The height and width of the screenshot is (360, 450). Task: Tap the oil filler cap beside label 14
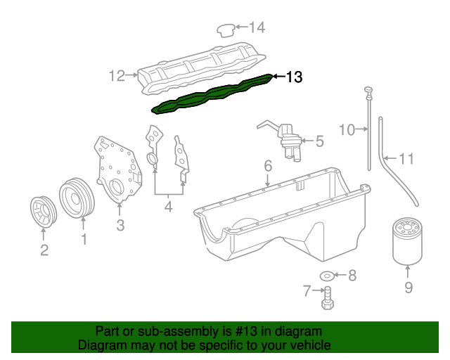tap(225, 30)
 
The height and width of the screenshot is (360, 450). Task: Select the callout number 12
tap(116, 75)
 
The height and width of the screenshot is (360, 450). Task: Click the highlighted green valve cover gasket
tap(211, 94)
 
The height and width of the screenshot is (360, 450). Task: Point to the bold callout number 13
tap(295, 77)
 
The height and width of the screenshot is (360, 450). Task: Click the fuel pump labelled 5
tap(289, 139)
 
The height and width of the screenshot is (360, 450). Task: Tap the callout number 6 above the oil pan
tap(267, 167)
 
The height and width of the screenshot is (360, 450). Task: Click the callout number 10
tap(347, 129)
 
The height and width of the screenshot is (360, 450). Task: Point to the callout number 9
tap(408, 287)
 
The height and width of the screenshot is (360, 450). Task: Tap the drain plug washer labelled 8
tap(328, 275)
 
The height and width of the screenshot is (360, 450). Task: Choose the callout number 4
tap(168, 207)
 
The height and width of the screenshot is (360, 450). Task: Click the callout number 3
tap(120, 225)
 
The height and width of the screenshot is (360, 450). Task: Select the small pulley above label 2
tap(44, 213)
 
